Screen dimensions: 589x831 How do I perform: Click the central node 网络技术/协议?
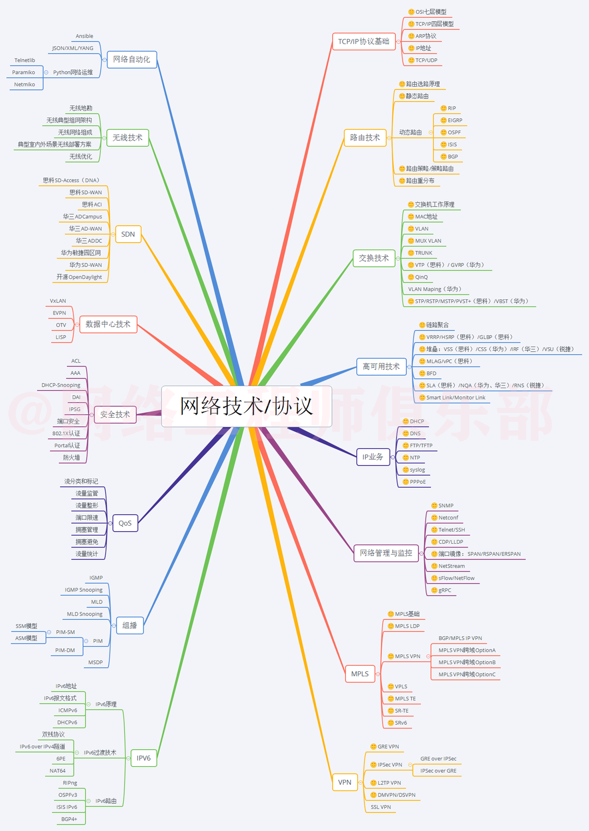pyautogui.click(x=247, y=406)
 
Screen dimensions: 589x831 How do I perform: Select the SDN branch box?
pyautogui.click(x=128, y=234)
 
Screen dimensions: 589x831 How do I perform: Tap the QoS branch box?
pyautogui.click(x=125, y=523)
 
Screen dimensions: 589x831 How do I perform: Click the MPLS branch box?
pyautogui.click(x=360, y=674)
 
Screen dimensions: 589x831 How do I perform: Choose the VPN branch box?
pyautogui.click(x=345, y=782)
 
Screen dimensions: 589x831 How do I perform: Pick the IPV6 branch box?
pyautogui.click(x=143, y=758)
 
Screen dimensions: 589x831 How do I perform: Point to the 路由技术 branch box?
pyautogui.click(x=365, y=138)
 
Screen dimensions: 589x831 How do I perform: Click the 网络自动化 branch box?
pyautogui.click(x=131, y=59)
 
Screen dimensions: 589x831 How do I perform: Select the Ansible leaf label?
pyautogui.click(x=85, y=37)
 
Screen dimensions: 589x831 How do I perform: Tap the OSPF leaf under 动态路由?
pyautogui.click(x=454, y=133)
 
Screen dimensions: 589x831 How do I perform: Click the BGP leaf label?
pyautogui.click(x=453, y=157)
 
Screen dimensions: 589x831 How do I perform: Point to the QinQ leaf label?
pyautogui.click(x=422, y=278)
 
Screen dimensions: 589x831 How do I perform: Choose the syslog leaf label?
pyautogui.click(x=417, y=470)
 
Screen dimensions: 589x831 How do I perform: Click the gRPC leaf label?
pyautogui.click(x=444, y=591)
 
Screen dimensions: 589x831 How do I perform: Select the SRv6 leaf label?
pyautogui.click(x=401, y=723)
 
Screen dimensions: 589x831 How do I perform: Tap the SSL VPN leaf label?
pyautogui.click(x=381, y=808)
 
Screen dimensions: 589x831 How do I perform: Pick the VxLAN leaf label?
pyautogui.click(x=58, y=301)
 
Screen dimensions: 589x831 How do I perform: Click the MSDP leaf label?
pyautogui.click(x=95, y=663)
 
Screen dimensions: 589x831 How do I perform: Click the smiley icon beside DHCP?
pyautogui.click(x=406, y=421)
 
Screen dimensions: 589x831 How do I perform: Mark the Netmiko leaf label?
pyautogui.click(x=25, y=85)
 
